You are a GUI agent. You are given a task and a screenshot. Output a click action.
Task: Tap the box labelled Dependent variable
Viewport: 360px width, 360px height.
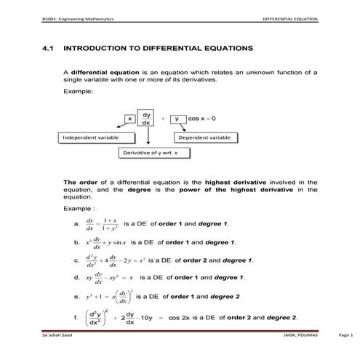click(204, 137)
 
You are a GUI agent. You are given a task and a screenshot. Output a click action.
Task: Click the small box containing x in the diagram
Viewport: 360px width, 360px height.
click(131, 118)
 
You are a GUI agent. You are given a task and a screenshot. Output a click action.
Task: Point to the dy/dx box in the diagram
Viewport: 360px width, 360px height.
click(146, 119)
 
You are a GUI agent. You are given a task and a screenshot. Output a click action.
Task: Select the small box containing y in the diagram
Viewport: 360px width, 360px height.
click(177, 118)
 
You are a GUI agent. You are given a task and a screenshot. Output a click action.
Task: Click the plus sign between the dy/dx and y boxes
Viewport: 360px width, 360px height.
click(163, 118)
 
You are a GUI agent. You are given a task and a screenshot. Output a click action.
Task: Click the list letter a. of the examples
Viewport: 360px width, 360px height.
click(77, 225)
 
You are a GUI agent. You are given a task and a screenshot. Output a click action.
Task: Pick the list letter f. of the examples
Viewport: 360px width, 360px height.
click(77, 317)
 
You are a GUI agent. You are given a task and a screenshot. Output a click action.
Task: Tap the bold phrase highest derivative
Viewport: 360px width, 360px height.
click(231, 182)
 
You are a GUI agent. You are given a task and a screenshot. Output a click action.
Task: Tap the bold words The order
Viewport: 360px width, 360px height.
click(79, 182)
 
